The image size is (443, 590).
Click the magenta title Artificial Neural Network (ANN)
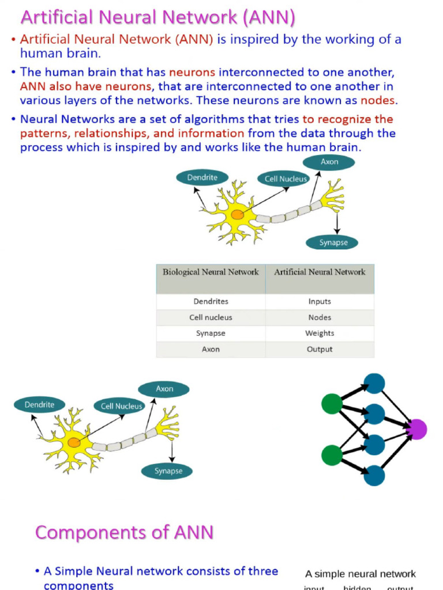(157, 18)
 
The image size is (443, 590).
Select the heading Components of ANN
(124, 532)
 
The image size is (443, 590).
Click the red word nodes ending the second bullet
(378, 100)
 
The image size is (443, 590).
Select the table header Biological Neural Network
(211, 272)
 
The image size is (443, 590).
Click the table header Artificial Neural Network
(320, 272)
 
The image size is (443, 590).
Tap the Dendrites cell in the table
(211, 301)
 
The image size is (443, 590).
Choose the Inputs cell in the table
(320, 301)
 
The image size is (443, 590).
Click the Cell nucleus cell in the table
(211, 317)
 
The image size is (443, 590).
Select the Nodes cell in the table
(320, 317)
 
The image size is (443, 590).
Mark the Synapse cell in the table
(211, 333)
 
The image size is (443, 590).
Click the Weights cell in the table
(320, 333)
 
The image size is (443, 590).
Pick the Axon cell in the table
(211, 349)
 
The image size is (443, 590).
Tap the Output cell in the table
(320, 349)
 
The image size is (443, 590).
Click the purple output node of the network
(416, 429)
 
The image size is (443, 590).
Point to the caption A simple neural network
(360, 574)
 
